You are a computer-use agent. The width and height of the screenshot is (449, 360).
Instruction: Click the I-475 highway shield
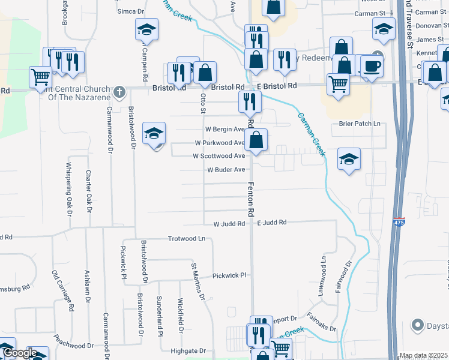click(x=399, y=222)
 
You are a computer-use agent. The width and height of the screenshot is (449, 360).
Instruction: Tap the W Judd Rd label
click(x=229, y=224)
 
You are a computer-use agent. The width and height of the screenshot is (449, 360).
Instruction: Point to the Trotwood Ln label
click(x=186, y=238)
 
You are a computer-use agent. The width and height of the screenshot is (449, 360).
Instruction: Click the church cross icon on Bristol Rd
click(x=119, y=91)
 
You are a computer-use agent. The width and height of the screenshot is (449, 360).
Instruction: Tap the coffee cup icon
click(x=372, y=66)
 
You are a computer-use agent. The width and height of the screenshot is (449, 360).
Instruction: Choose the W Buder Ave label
click(x=226, y=170)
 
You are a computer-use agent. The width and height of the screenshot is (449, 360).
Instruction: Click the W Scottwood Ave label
click(x=218, y=156)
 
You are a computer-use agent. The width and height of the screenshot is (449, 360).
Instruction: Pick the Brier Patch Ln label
click(x=360, y=124)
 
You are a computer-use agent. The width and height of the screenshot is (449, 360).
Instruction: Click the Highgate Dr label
click(x=188, y=351)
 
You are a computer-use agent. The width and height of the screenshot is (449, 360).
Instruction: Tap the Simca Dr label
click(x=131, y=11)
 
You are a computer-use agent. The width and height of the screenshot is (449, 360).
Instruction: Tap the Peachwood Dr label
click(x=73, y=346)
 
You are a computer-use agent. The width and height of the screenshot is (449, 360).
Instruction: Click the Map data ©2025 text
click(x=423, y=356)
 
